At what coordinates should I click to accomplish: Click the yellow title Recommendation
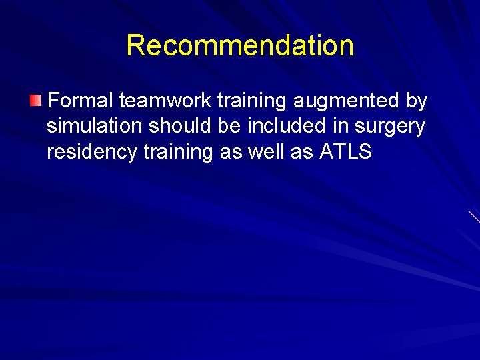point(240,45)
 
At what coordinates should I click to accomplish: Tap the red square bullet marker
point(35,101)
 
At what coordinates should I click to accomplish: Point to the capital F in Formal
point(54,101)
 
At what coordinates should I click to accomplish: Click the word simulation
point(95,127)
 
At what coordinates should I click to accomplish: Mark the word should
point(181,127)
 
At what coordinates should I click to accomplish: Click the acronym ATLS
point(345,153)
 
